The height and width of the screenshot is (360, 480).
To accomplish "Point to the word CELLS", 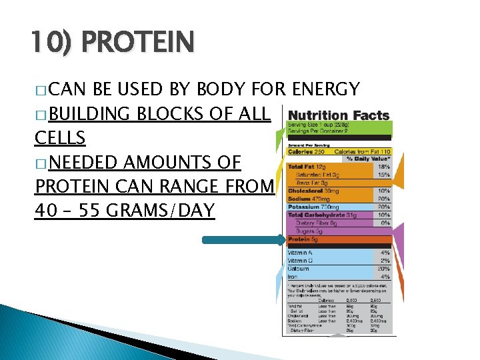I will [60, 137].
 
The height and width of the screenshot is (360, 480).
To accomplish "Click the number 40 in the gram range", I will [45, 211].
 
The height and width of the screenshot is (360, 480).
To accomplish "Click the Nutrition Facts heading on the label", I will [338, 115].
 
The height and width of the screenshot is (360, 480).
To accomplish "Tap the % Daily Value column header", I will [367, 159].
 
